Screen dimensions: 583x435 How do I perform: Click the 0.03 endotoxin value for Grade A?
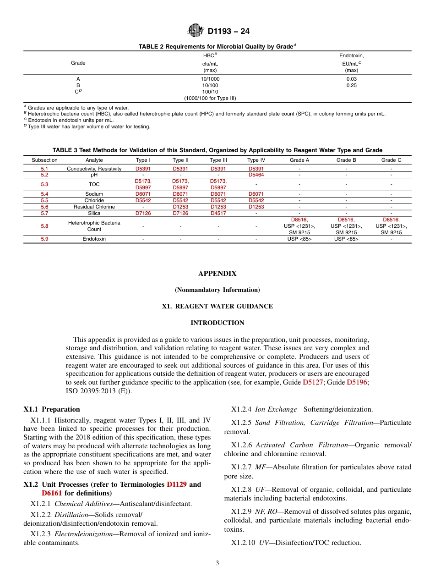[x=351, y=79]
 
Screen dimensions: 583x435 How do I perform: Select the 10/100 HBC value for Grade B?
[x=210, y=85]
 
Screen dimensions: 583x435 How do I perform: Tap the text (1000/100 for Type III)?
[x=210, y=98]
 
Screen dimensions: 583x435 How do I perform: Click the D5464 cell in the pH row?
[x=256, y=175]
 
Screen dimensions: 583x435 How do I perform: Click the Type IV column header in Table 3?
[x=256, y=160]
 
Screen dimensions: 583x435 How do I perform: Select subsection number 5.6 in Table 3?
[x=44, y=207]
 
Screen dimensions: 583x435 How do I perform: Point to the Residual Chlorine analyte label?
[x=94, y=207]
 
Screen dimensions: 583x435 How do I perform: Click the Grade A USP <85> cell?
[x=299, y=239]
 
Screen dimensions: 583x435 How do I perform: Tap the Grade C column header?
[x=391, y=160]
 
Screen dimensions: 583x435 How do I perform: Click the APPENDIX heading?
[x=217, y=274]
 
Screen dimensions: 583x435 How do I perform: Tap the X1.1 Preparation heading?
[x=51, y=409]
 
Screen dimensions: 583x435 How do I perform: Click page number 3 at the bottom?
[x=217, y=563]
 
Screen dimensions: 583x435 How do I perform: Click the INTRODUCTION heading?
[x=217, y=323]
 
